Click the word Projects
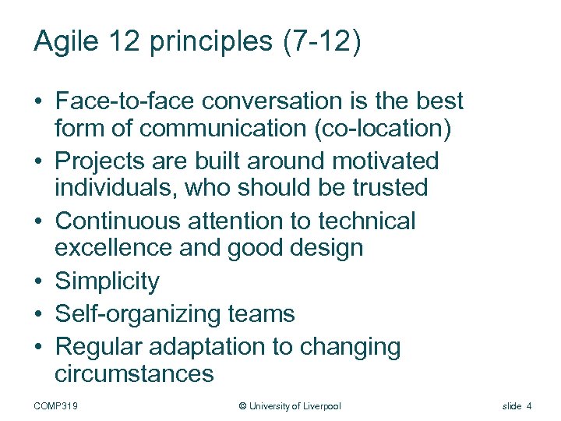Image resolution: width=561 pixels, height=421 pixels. pos(104,161)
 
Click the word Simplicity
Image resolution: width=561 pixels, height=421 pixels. pos(107,281)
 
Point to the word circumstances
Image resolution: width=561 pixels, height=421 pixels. pos(134,373)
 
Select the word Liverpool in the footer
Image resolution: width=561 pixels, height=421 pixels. pos(318,406)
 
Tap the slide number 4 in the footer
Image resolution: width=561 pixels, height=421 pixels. pos(529,406)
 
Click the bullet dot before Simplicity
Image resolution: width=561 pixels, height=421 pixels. pos(38,281)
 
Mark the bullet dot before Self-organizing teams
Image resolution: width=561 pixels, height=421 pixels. pos(38,315)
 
